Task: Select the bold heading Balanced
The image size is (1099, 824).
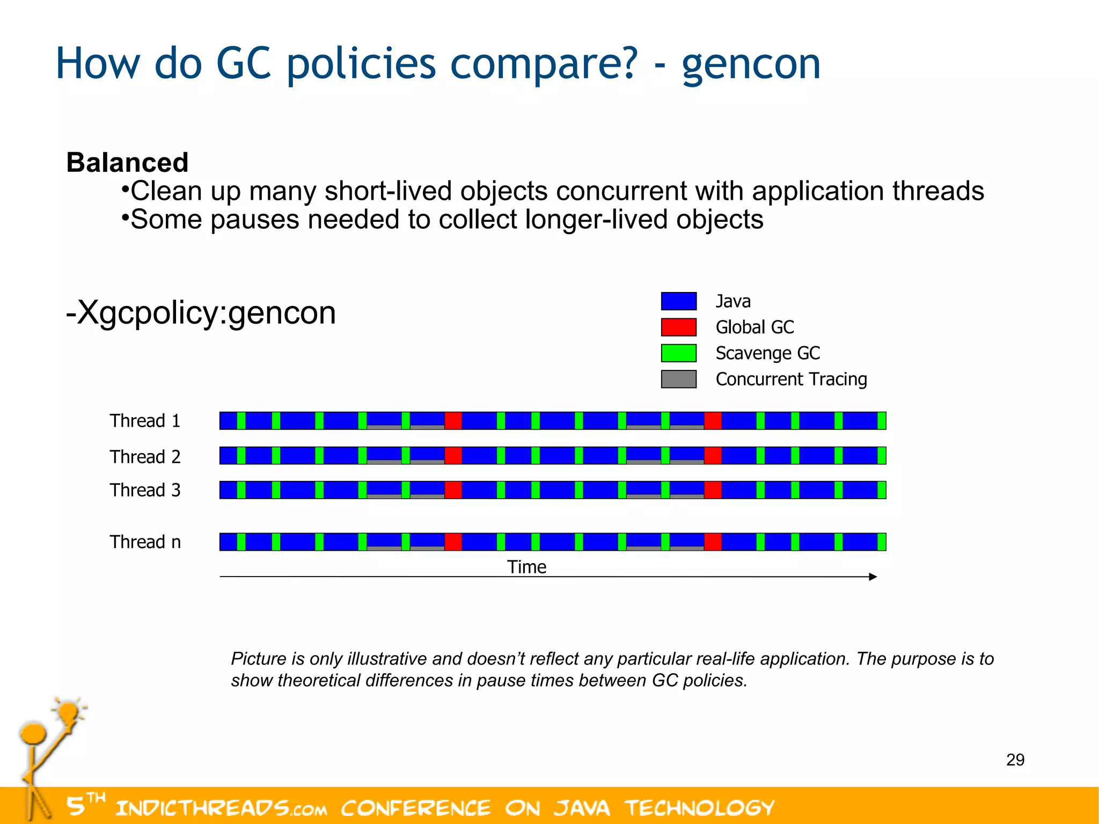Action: pyautogui.click(x=127, y=162)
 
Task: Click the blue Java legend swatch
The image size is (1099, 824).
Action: pyautogui.click(x=678, y=301)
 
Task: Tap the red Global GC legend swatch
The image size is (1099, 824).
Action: pyautogui.click(x=678, y=327)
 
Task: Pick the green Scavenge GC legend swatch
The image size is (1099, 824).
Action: pyautogui.click(x=678, y=353)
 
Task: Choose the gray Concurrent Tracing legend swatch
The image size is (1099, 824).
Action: pyautogui.click(x=678, y=379)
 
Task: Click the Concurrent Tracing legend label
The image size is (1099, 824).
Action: pyautogui.click(x=791, y=379)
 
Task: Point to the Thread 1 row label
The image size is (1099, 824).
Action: pyautogui.click(x=145, y=421)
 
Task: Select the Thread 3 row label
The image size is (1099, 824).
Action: pyautogui.click(x=145, y=490)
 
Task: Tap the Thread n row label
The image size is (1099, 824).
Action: pyautogui.click(x=145, y=542)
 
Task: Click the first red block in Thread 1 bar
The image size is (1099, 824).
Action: pyautogui.click(x=453, y=421)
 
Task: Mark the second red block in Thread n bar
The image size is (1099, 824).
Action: pyautogui.click(x=713, y=542)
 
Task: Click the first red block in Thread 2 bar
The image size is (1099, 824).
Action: pyautogui.click(x=453, y=456)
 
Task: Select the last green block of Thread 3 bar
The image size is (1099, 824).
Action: pyautogui.click(x=881, y=490)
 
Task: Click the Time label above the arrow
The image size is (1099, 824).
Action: pyautogui.click(x=526, y=567)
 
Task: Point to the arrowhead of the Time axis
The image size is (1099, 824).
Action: pyautogui.click(x=873, y=577)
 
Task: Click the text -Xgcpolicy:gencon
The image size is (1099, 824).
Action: pyautogui.click(x=201, y=312)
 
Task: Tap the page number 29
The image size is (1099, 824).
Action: pyautogui.click(x=1015, y=760)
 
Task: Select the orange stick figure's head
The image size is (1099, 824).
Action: pyautogui.click(x=33, y=733)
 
